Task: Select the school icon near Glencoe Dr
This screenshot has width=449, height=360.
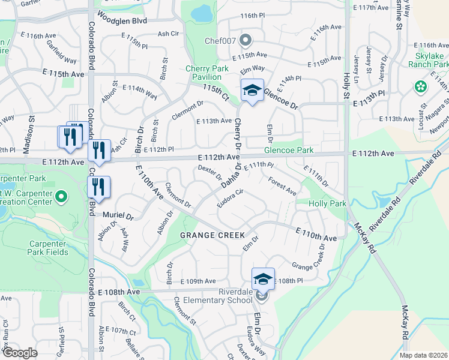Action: [252, 90]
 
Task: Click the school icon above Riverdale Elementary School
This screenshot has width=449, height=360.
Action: [263, 278]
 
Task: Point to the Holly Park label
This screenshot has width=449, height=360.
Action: [327, 204]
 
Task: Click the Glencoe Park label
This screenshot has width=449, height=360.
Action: [289, 150]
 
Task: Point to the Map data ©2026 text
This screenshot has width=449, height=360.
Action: [423, 355]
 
